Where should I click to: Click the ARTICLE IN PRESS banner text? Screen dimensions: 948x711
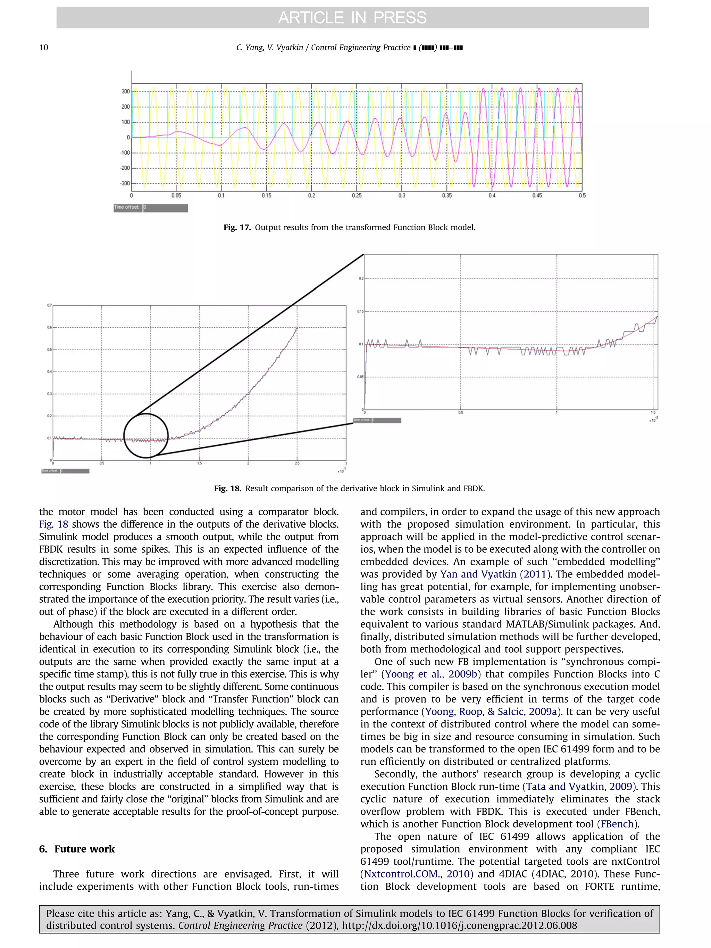(x=352, y=18)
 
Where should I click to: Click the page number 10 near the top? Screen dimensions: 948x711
(x=44, y=48)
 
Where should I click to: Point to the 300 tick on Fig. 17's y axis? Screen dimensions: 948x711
(x=125, y=91)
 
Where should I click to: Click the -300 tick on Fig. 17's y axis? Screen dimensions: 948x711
(x=125, y=183)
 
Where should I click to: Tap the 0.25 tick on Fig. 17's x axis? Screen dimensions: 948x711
(x=356, y=195)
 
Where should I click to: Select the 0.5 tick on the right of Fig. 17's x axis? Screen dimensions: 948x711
(x=582, y=195)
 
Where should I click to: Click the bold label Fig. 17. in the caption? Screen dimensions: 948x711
(x=237, y=228)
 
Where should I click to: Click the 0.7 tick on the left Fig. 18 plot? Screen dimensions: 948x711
(x=49, y=305)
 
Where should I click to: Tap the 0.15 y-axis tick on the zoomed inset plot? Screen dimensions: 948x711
(x=360, y=312)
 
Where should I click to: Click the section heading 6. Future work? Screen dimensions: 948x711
(x=77, y=849)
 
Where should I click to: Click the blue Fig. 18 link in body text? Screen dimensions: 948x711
(x=53, y=524)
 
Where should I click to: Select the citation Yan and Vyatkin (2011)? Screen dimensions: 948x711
(x=495, y=574)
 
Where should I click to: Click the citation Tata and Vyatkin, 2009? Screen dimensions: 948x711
(x=579, y=787)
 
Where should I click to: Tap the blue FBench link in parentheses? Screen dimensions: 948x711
(x=617, y=824)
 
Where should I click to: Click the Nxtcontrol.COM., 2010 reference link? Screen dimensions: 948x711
(x=417, y=874)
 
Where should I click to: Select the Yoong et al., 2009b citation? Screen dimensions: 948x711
(x=431, y=674)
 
